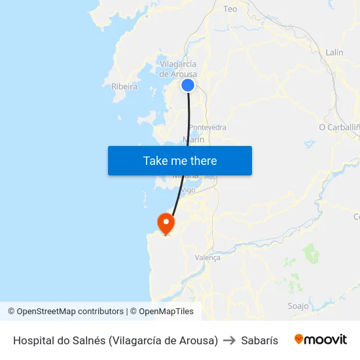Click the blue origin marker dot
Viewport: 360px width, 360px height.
click(x=188, y=85)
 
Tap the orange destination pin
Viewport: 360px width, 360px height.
click(x=166, y=223)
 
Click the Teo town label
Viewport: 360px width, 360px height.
click(x=230, y=9)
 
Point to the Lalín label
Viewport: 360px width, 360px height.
click(x=334, y=52)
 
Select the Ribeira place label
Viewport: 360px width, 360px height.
click(x=124, y=86)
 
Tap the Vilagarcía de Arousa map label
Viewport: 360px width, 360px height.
click(x=178, y=69)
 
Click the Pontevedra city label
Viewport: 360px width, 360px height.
click(x=207, y=127)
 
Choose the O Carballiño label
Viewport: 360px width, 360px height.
click(x=339, y=127)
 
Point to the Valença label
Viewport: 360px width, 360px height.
click(x=207, y=257)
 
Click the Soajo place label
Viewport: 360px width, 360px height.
click(x=298, y=306)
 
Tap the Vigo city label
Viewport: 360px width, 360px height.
click(x=188, y=190)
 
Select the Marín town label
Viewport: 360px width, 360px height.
click(x=194, y=139)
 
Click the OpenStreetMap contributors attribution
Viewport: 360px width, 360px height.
click(x=65, y=312)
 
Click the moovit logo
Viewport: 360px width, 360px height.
click(x=321, y=340)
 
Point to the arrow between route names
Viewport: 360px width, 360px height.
click(x=229, y=340)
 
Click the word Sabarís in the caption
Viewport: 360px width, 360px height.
click(x=259, y=340)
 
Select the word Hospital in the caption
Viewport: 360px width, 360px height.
click(x=33, y=340)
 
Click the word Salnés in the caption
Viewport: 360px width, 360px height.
click(x=88, y=340)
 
